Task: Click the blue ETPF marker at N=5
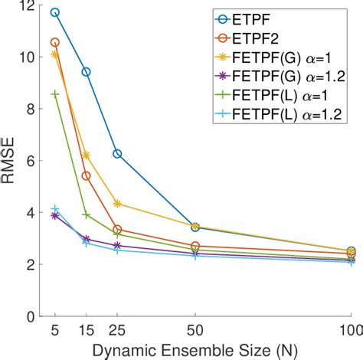coord(54,13)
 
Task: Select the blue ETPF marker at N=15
coord(86,72)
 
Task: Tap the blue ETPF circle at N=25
coord(117,154)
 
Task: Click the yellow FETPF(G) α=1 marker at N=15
coord(86,155)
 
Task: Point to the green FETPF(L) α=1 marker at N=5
coord(54,93)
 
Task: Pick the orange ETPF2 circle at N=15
coord(86,176)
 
